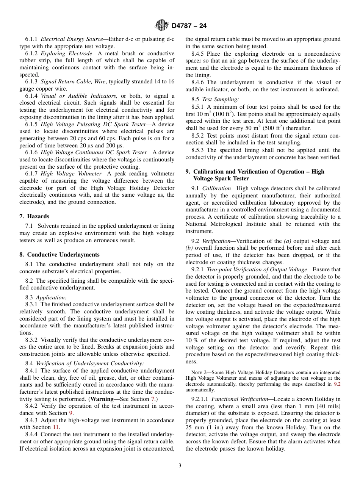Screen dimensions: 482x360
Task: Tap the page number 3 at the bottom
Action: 180,466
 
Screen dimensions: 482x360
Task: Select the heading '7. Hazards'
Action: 34,216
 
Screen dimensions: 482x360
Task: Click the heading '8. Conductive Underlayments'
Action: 59,255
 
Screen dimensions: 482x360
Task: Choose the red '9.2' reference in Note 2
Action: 337,384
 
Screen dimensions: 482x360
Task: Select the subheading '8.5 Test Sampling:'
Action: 215,99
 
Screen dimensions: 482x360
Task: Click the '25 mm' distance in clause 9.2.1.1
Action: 193,427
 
